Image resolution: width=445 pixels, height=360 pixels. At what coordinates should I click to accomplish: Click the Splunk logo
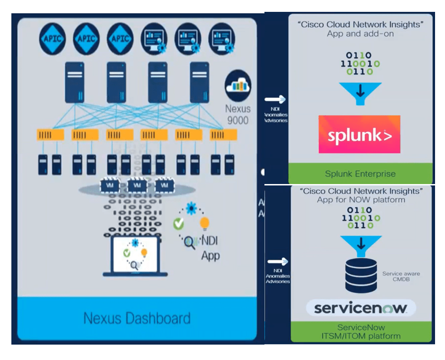(x=359, y=135)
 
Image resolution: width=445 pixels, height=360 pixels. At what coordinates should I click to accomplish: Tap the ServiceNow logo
(x=361, y=308)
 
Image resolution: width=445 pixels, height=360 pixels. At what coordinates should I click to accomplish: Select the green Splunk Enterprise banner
(x=360, y=174)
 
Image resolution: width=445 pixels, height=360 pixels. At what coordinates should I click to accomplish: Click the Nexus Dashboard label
(x=137, y=318)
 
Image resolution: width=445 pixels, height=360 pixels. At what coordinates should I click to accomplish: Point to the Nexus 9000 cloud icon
(x=237, y=86)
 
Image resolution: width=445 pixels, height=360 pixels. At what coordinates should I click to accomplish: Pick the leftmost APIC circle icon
(x=52, y=38)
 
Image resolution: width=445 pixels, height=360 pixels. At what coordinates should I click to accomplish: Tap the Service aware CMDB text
(x=401, y=276)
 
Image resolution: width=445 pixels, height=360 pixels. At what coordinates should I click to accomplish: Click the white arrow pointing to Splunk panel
(x=275, y=100)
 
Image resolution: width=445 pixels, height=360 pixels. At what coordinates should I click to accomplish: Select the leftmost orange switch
(x=51, y=135)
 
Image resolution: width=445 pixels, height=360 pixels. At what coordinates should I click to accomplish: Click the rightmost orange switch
(x=223, y=135)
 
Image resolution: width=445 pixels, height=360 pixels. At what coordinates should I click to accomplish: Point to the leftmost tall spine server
(x=74, y=82)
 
